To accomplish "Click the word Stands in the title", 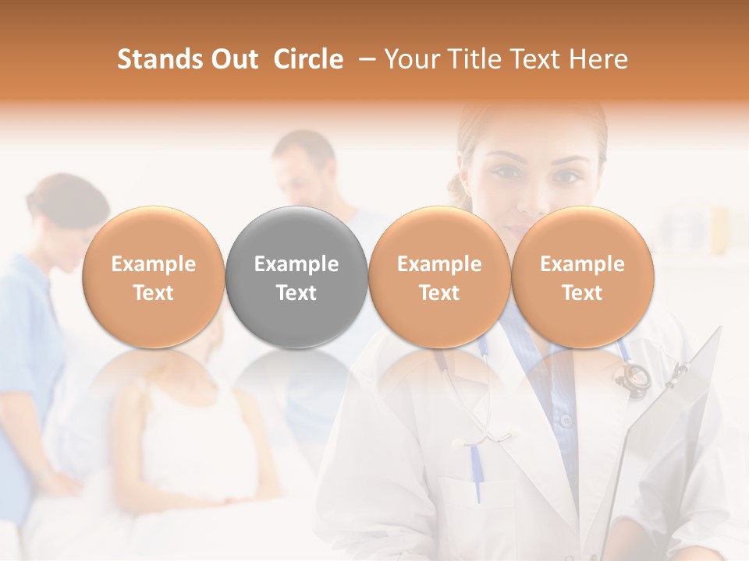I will click(158, 59).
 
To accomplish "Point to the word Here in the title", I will click(599, 59).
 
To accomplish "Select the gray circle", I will click(296, 277).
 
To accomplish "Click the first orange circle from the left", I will click(153, 277).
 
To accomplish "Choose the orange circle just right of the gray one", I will click(439, 277).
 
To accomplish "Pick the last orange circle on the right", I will click(582, 277).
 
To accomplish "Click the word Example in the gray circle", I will click(296, 264).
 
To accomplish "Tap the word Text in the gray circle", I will click(296, 293).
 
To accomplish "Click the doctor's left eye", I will click(565, 176).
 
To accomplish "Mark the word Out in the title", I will click(234, 59).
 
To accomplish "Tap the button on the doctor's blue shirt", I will click(566, 421).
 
